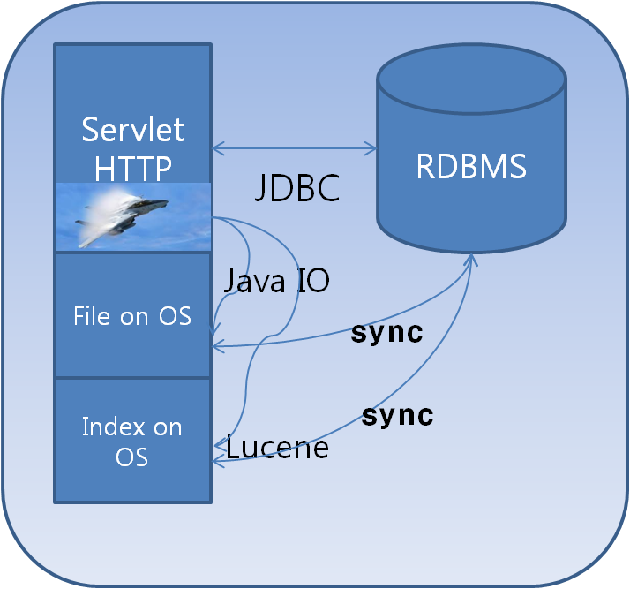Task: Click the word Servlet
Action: (132, 130)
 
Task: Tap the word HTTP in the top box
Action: (132, 165)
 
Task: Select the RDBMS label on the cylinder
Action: (471, 166)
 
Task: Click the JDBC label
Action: (297, 189)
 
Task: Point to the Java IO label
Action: (276, 281)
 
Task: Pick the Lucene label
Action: (277, 448)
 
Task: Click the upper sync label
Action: (386, 333)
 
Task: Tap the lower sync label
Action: (398, 415)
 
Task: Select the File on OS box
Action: (132, 315)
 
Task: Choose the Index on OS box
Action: (132, 441)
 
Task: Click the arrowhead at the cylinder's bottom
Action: (471, 260)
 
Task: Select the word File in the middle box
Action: (91, 315)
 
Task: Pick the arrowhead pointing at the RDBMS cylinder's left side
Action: (371, 146)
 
